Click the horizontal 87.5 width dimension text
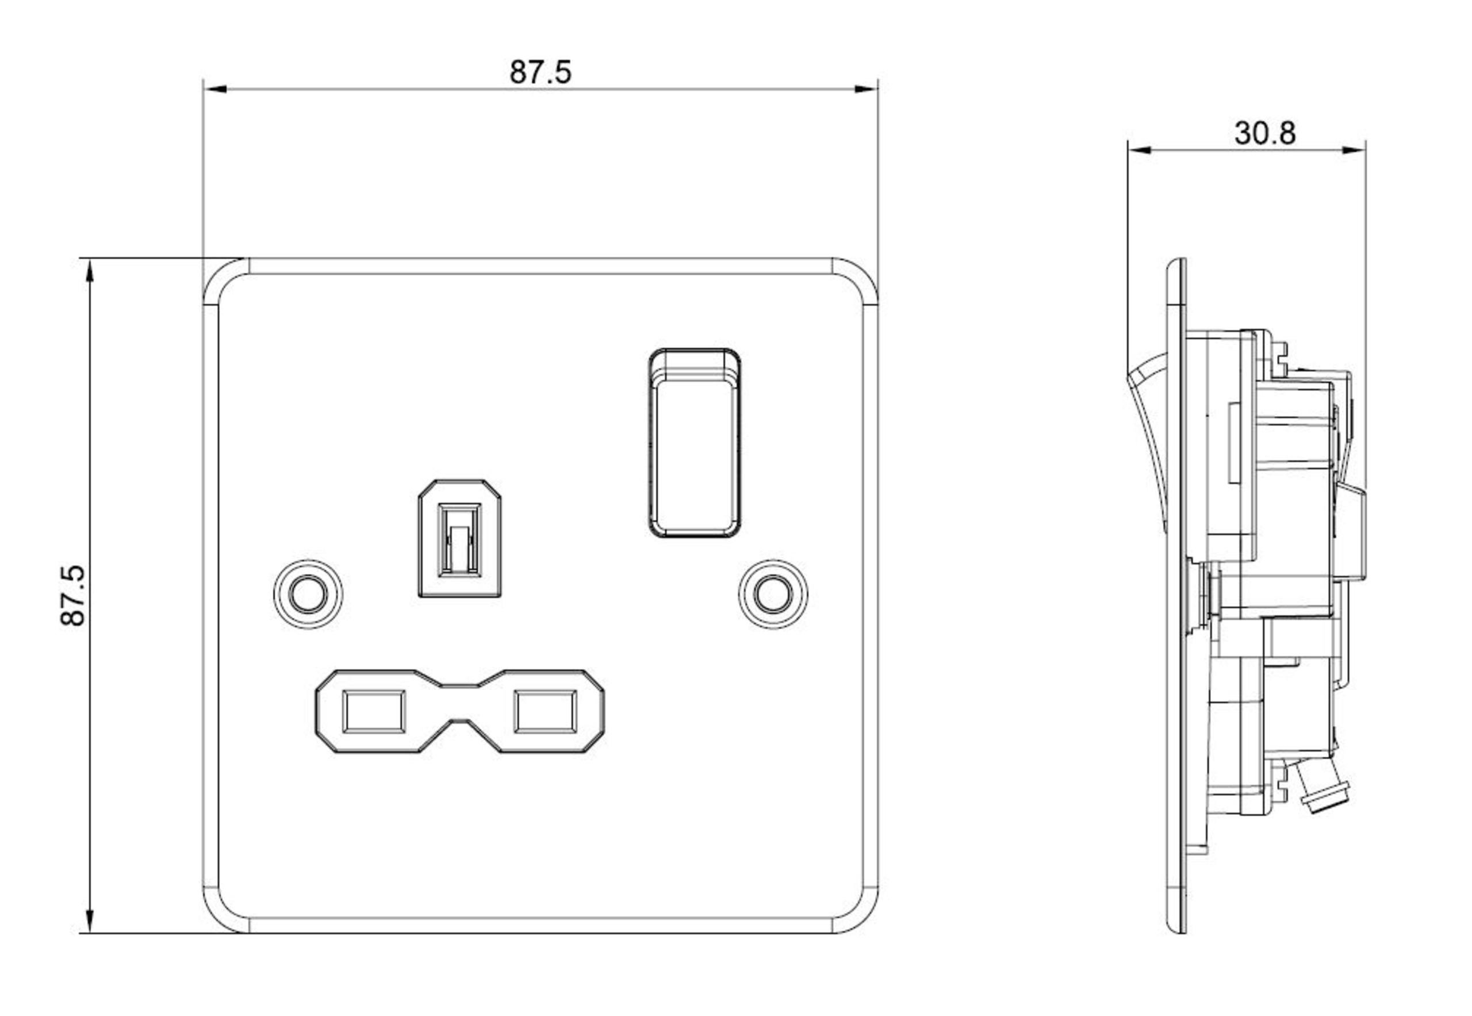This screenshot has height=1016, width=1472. click(540, 72)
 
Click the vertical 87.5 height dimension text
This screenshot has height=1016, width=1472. click(73, 595)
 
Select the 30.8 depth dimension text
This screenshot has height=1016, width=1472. click(1264, 133)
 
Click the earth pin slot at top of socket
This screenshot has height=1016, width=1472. click(459, 539)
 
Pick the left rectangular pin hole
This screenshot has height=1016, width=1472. click(374, 711)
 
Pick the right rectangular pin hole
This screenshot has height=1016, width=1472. click(546, 711)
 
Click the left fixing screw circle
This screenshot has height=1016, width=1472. click(308, 595)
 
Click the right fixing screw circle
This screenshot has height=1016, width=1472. click(773, 595)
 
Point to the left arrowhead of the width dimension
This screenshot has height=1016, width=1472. click(215, 89)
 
